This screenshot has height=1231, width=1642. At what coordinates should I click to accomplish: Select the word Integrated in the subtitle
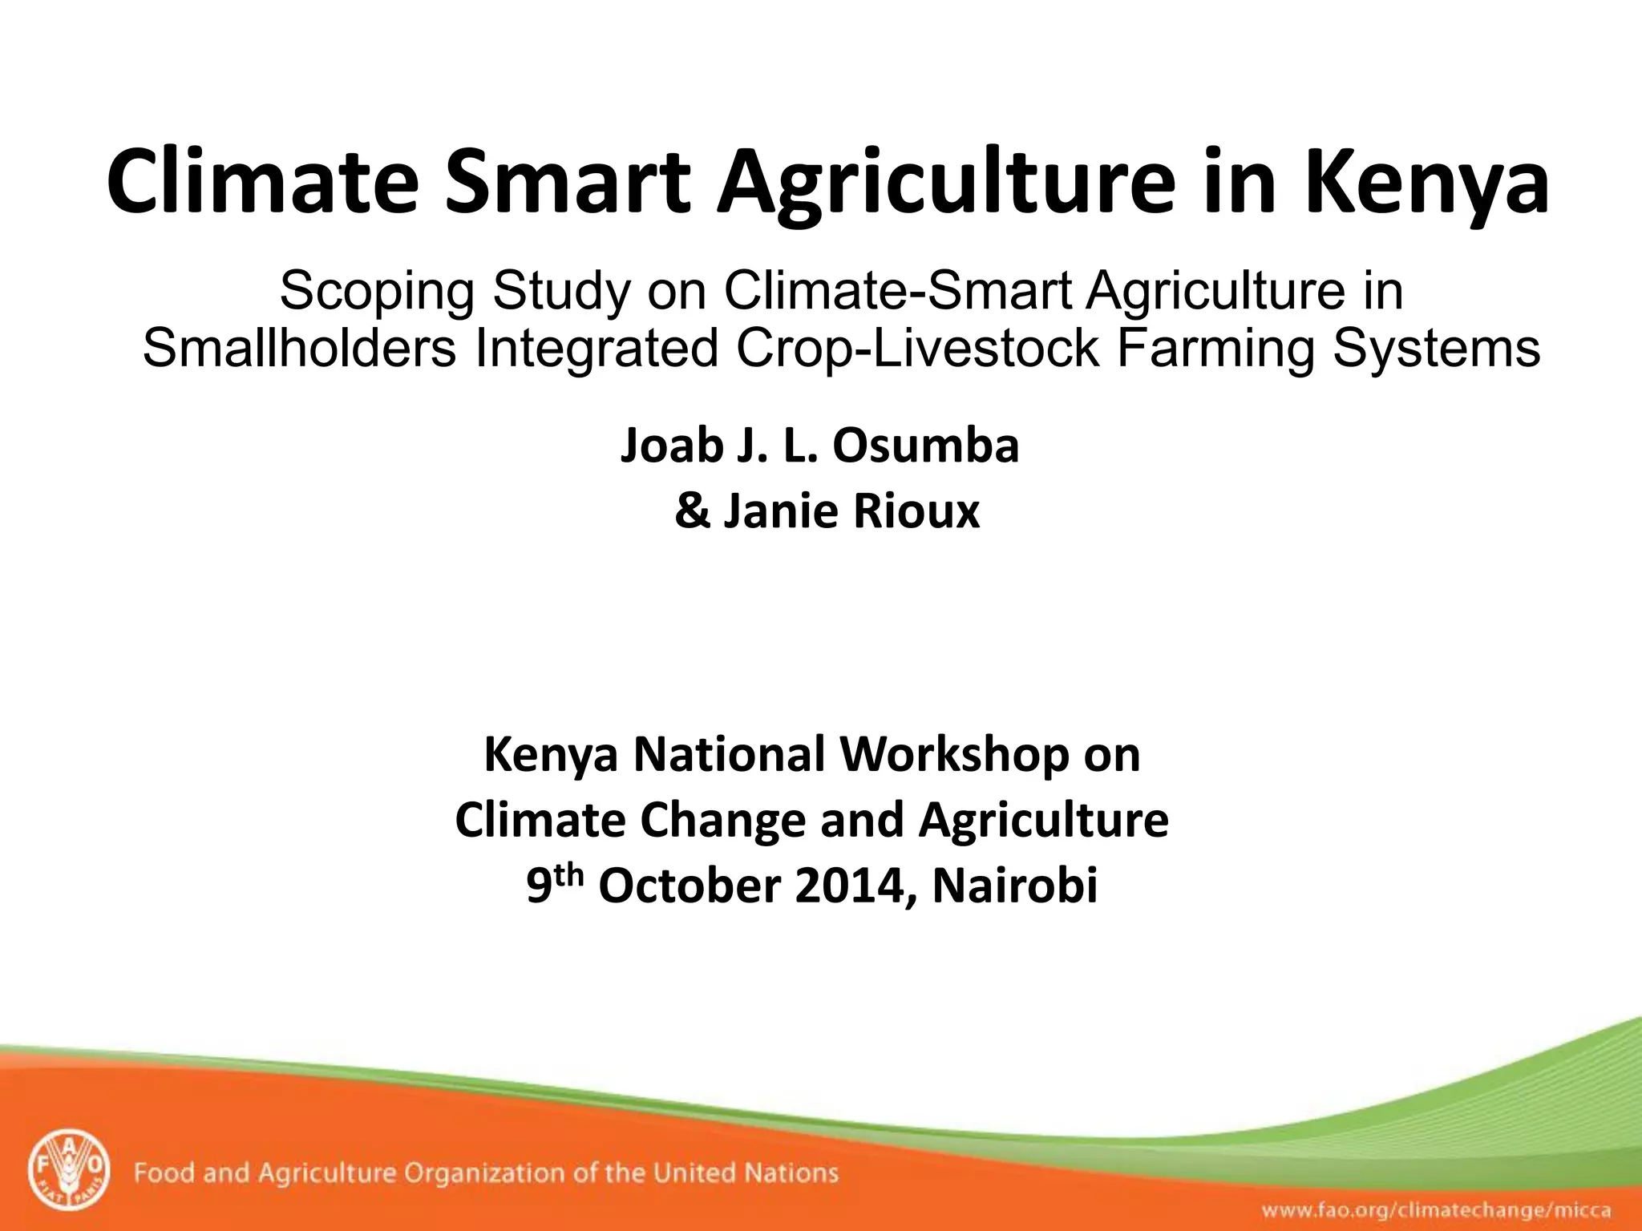pyautogui.click(x=596, y=349)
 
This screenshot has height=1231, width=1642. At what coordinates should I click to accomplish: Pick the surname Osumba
pyautogui.click(x=925, y=446)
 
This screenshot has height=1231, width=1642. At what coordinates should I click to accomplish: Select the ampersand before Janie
pyautogui.click(x=692, y=511)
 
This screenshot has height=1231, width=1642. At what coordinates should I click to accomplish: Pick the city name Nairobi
pyautogui.click(x=1014, y=886)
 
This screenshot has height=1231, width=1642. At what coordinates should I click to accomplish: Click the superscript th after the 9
pyautogui.click(x=566, y=876)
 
